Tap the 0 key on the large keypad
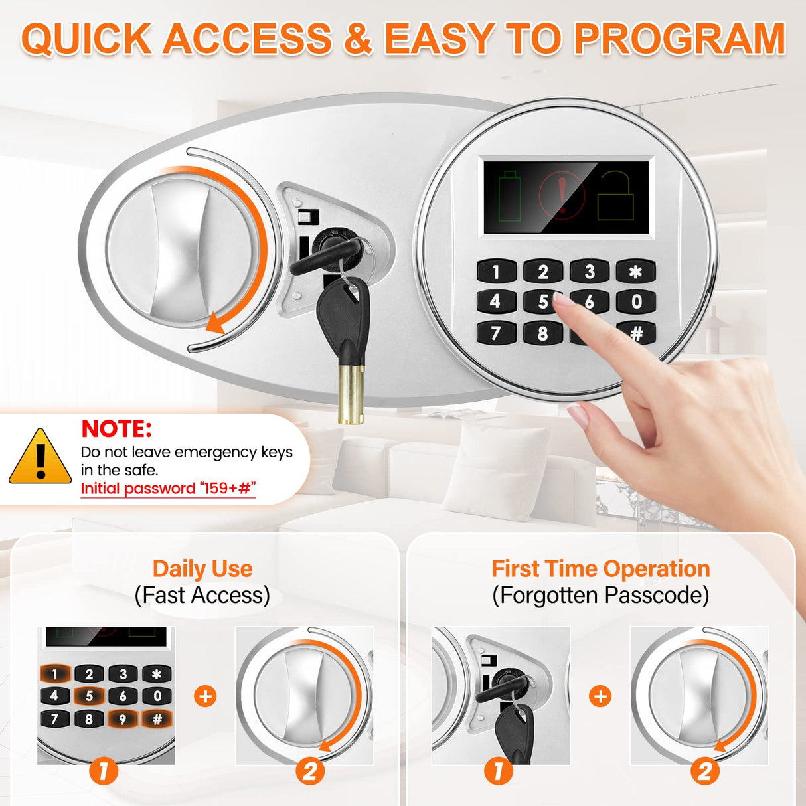[x=636, y=301]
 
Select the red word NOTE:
[x=116, y=429]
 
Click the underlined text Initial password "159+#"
[x=168, y=489]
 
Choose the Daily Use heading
[x=202, y=569]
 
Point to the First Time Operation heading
[x=600, y=569]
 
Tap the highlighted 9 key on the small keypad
[x=122, y=718]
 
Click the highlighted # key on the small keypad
[x=157, y=718]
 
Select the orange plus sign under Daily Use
[x=206, y=696]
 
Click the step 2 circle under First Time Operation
[x=705, y=771]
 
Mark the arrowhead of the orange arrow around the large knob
[x=214, y=325]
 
